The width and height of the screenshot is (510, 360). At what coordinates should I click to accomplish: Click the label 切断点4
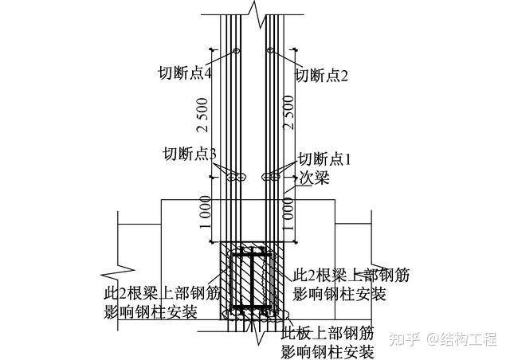click(x=184, y=74)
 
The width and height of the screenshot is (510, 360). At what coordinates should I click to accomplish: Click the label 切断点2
click(x=324, y=76)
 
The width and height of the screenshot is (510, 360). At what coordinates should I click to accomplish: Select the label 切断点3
click(x=190, y=154)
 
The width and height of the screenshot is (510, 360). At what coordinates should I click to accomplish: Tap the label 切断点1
click(x=324, y=158)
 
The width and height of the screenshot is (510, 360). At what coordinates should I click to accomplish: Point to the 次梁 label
click(x=315, y=179)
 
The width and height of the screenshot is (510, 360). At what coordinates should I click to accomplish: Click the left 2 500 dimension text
click(x=205, y=115)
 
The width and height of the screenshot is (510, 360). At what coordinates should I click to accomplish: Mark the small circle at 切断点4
click(x=236, y=53)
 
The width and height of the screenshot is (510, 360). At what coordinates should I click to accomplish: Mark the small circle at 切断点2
click(x=271, y=53)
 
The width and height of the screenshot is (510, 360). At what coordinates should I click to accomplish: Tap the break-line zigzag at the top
click(x=253, y=11)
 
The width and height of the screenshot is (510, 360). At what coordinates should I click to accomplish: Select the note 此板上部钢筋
click(x=328, y=333)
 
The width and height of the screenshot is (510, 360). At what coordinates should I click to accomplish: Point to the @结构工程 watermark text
click(x=461, y=338)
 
